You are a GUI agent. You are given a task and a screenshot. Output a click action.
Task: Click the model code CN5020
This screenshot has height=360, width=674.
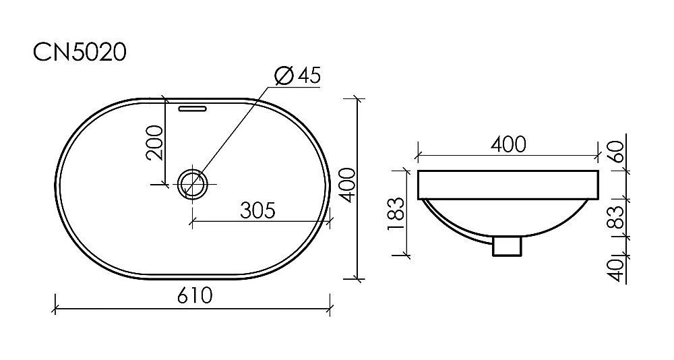pos(80,52)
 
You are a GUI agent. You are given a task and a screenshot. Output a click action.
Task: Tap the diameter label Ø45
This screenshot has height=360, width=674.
pos(297,76)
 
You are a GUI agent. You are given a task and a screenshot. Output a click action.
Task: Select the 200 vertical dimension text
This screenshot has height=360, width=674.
pos(155,142)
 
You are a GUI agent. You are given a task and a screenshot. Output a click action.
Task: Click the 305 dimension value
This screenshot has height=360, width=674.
pos(257,210)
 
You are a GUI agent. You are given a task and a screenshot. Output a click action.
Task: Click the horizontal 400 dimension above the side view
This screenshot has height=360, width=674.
pos(508,144)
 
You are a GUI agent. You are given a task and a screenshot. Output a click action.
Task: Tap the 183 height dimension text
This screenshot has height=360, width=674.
pos(396,210)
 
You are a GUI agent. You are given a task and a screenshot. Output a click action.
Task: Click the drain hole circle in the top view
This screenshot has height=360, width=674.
pos(193,183)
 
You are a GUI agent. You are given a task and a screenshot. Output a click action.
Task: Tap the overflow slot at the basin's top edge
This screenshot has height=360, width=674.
pos(193,107)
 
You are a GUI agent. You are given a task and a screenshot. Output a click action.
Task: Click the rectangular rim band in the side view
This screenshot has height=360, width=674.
pos(508,185)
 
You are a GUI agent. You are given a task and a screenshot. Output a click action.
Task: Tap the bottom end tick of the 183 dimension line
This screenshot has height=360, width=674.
pos(407,256)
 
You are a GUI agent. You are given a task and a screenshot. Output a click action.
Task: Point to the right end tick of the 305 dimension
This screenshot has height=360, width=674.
pos(330,220)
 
